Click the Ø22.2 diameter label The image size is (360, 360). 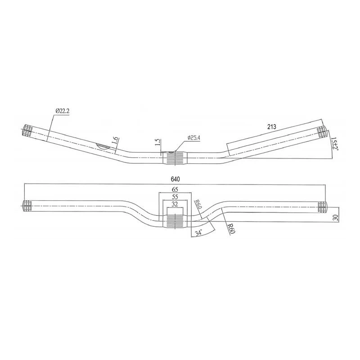[63, 111]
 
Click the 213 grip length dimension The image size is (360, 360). [271, 127]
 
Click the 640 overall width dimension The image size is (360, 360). [174, 179]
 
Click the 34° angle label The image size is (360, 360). [198, 232]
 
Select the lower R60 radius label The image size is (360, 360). [230, 229]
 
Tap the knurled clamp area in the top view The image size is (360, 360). [176, 158]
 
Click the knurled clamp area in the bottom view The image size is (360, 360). [176, 220]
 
